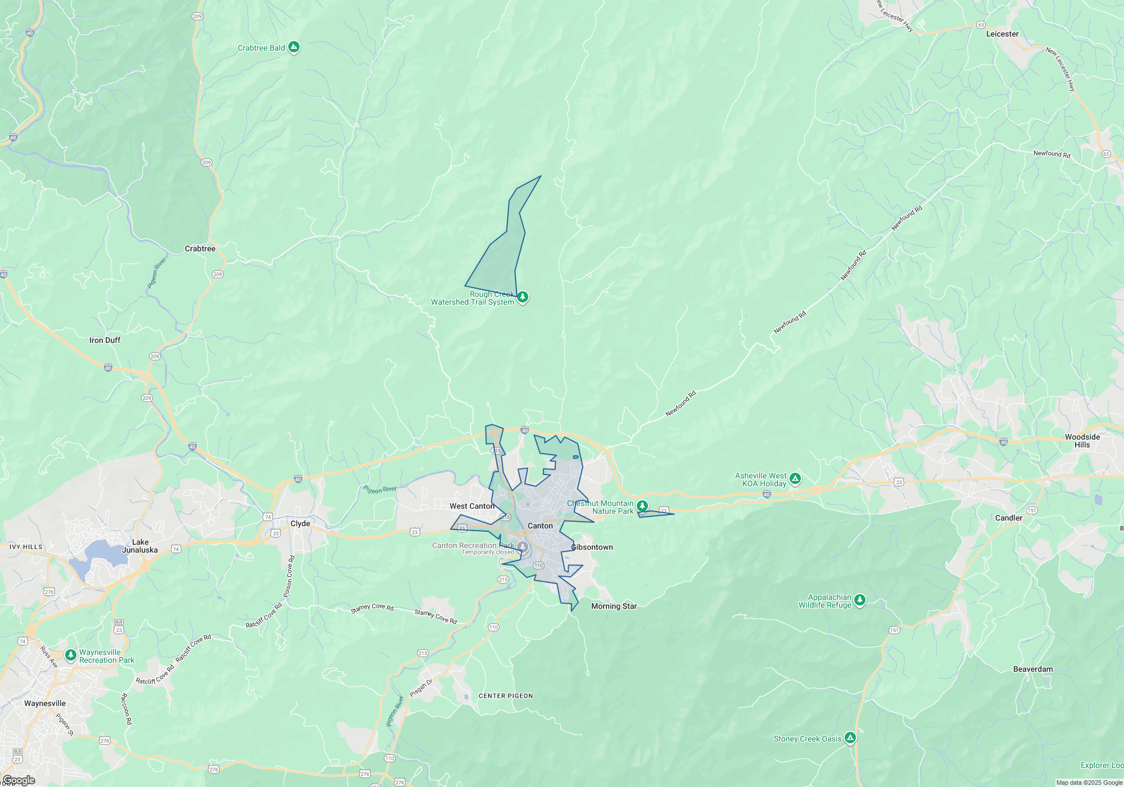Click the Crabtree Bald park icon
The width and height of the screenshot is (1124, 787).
click(293, 47)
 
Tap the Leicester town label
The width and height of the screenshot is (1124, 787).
click(1002, 34)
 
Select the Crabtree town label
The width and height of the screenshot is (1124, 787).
click(200, 248)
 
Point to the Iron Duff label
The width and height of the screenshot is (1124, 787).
click(105, 340)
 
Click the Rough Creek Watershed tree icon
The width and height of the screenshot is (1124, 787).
click(523, 296)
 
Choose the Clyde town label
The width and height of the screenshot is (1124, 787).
click(300, 523)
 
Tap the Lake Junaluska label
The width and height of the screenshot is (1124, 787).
click(140, 546)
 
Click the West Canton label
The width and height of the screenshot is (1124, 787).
click(472, 506)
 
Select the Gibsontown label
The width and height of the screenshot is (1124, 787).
click(592, 547)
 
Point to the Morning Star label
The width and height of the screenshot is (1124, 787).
click(614, 606)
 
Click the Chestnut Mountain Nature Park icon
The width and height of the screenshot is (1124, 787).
click(642, 506)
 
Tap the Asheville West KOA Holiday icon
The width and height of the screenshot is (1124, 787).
click(795, 479)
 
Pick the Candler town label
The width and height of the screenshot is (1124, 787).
click(1009, 518)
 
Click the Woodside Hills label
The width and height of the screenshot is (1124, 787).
click(1082, 441)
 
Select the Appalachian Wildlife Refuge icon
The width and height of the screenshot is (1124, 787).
click(859, 600)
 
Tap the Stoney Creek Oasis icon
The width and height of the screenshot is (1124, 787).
click(850, 738)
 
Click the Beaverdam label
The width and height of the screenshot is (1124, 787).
click(1033, 669)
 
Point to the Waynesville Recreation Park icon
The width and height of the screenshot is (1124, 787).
click(71, 655)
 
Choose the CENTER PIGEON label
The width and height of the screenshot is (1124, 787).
click(506, 696)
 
